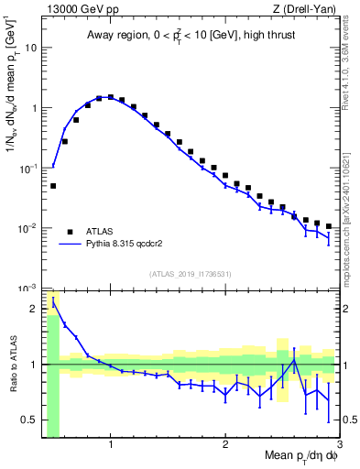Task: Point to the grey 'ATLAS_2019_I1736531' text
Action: click(191, 274)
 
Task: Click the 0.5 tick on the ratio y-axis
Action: click(30, 420)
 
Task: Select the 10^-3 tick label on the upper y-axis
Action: click(27, 289)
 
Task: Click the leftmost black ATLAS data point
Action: click(53, 186)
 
